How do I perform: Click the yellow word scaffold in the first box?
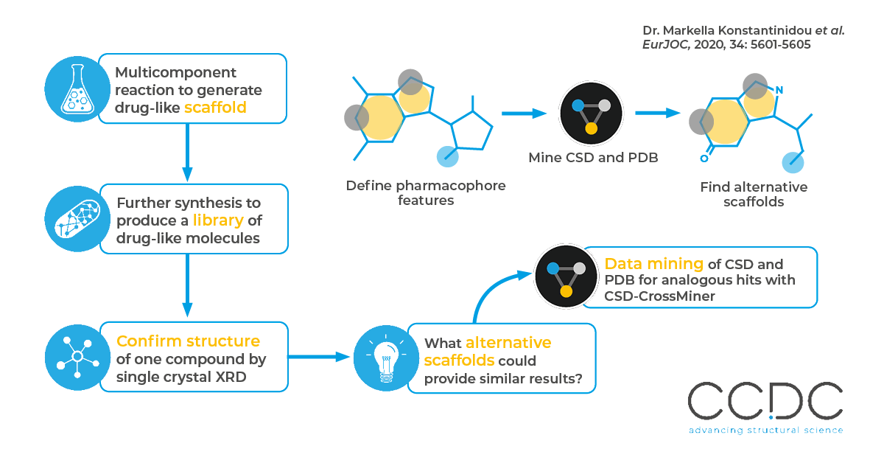click(215, 108)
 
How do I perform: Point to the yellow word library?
click(218, 220)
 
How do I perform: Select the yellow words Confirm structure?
click(188, 341)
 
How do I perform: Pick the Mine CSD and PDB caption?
click(592, 158)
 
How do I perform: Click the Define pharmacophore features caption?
click(426, 192)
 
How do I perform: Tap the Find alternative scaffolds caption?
click(753, 194)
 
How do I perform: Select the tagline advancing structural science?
click(765, 430)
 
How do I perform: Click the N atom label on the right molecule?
click(779, 91)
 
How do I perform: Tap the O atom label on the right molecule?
click(704, 157)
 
